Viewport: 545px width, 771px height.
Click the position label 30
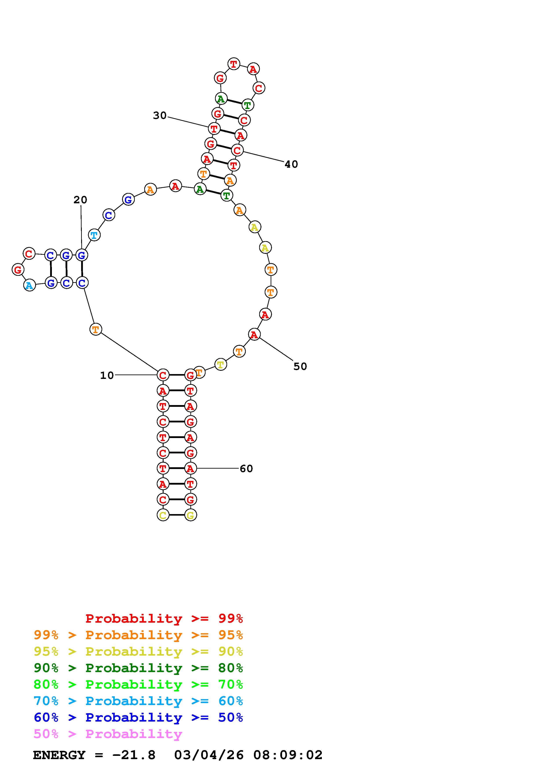pyautogui.click(x=160, y=116)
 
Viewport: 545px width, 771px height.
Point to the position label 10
pyautogui.click(x=107, y=375)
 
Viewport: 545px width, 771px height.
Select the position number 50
pyautogui.click(x=300, y=366)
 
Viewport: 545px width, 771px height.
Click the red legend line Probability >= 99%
pyautogui.click(x=164, y=618)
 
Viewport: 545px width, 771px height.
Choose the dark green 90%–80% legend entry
pyautogui.click(x=138, y=668)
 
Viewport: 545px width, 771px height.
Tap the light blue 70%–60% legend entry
pyautogui.click(x=138, y=701)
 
